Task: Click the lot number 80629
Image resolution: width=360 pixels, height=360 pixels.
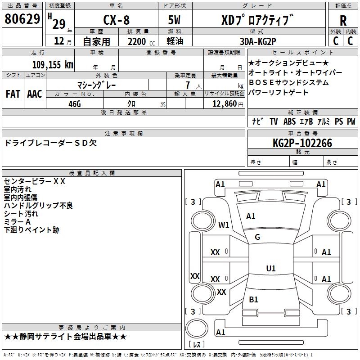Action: click(x=22, y=19)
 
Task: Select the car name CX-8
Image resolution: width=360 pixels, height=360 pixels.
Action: click(x=117, y=20)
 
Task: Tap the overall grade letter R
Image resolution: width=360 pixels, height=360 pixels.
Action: click(x=343, y=21)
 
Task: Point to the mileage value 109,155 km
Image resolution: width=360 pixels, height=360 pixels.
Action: click(x=53, y=64)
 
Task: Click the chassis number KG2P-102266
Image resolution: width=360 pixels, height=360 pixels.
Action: click(x=302, y=143)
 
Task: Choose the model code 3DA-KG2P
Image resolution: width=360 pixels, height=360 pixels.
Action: click(x=258, y=41)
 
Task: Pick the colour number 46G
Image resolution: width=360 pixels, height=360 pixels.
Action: click(x=75, y=104)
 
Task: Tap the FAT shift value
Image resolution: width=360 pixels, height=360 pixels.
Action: click(x=13, y=94)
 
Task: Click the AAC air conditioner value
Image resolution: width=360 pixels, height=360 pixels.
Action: click(x=35, y=94)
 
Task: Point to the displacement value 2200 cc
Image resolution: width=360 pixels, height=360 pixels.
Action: click(x=141, y=41)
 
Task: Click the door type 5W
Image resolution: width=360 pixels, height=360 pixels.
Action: click(x=174, y=20)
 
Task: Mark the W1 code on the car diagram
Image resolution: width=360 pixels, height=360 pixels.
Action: click(x=224, y=225)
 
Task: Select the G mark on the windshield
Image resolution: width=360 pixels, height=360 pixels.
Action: click(x=257, y=237)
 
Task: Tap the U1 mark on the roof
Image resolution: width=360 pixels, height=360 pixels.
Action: click(x=271, y=268)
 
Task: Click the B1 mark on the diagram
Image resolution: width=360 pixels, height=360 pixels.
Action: click(x=253, y=299)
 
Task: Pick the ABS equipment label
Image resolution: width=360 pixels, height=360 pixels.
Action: click(x=289, y=121)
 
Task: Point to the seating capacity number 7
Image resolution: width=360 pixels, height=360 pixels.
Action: click(x=188, y=85)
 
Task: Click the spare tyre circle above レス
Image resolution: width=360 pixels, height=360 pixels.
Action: click(x=197, y=328)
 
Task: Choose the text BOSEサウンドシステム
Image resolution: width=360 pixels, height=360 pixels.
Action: click(x=288, y=82)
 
